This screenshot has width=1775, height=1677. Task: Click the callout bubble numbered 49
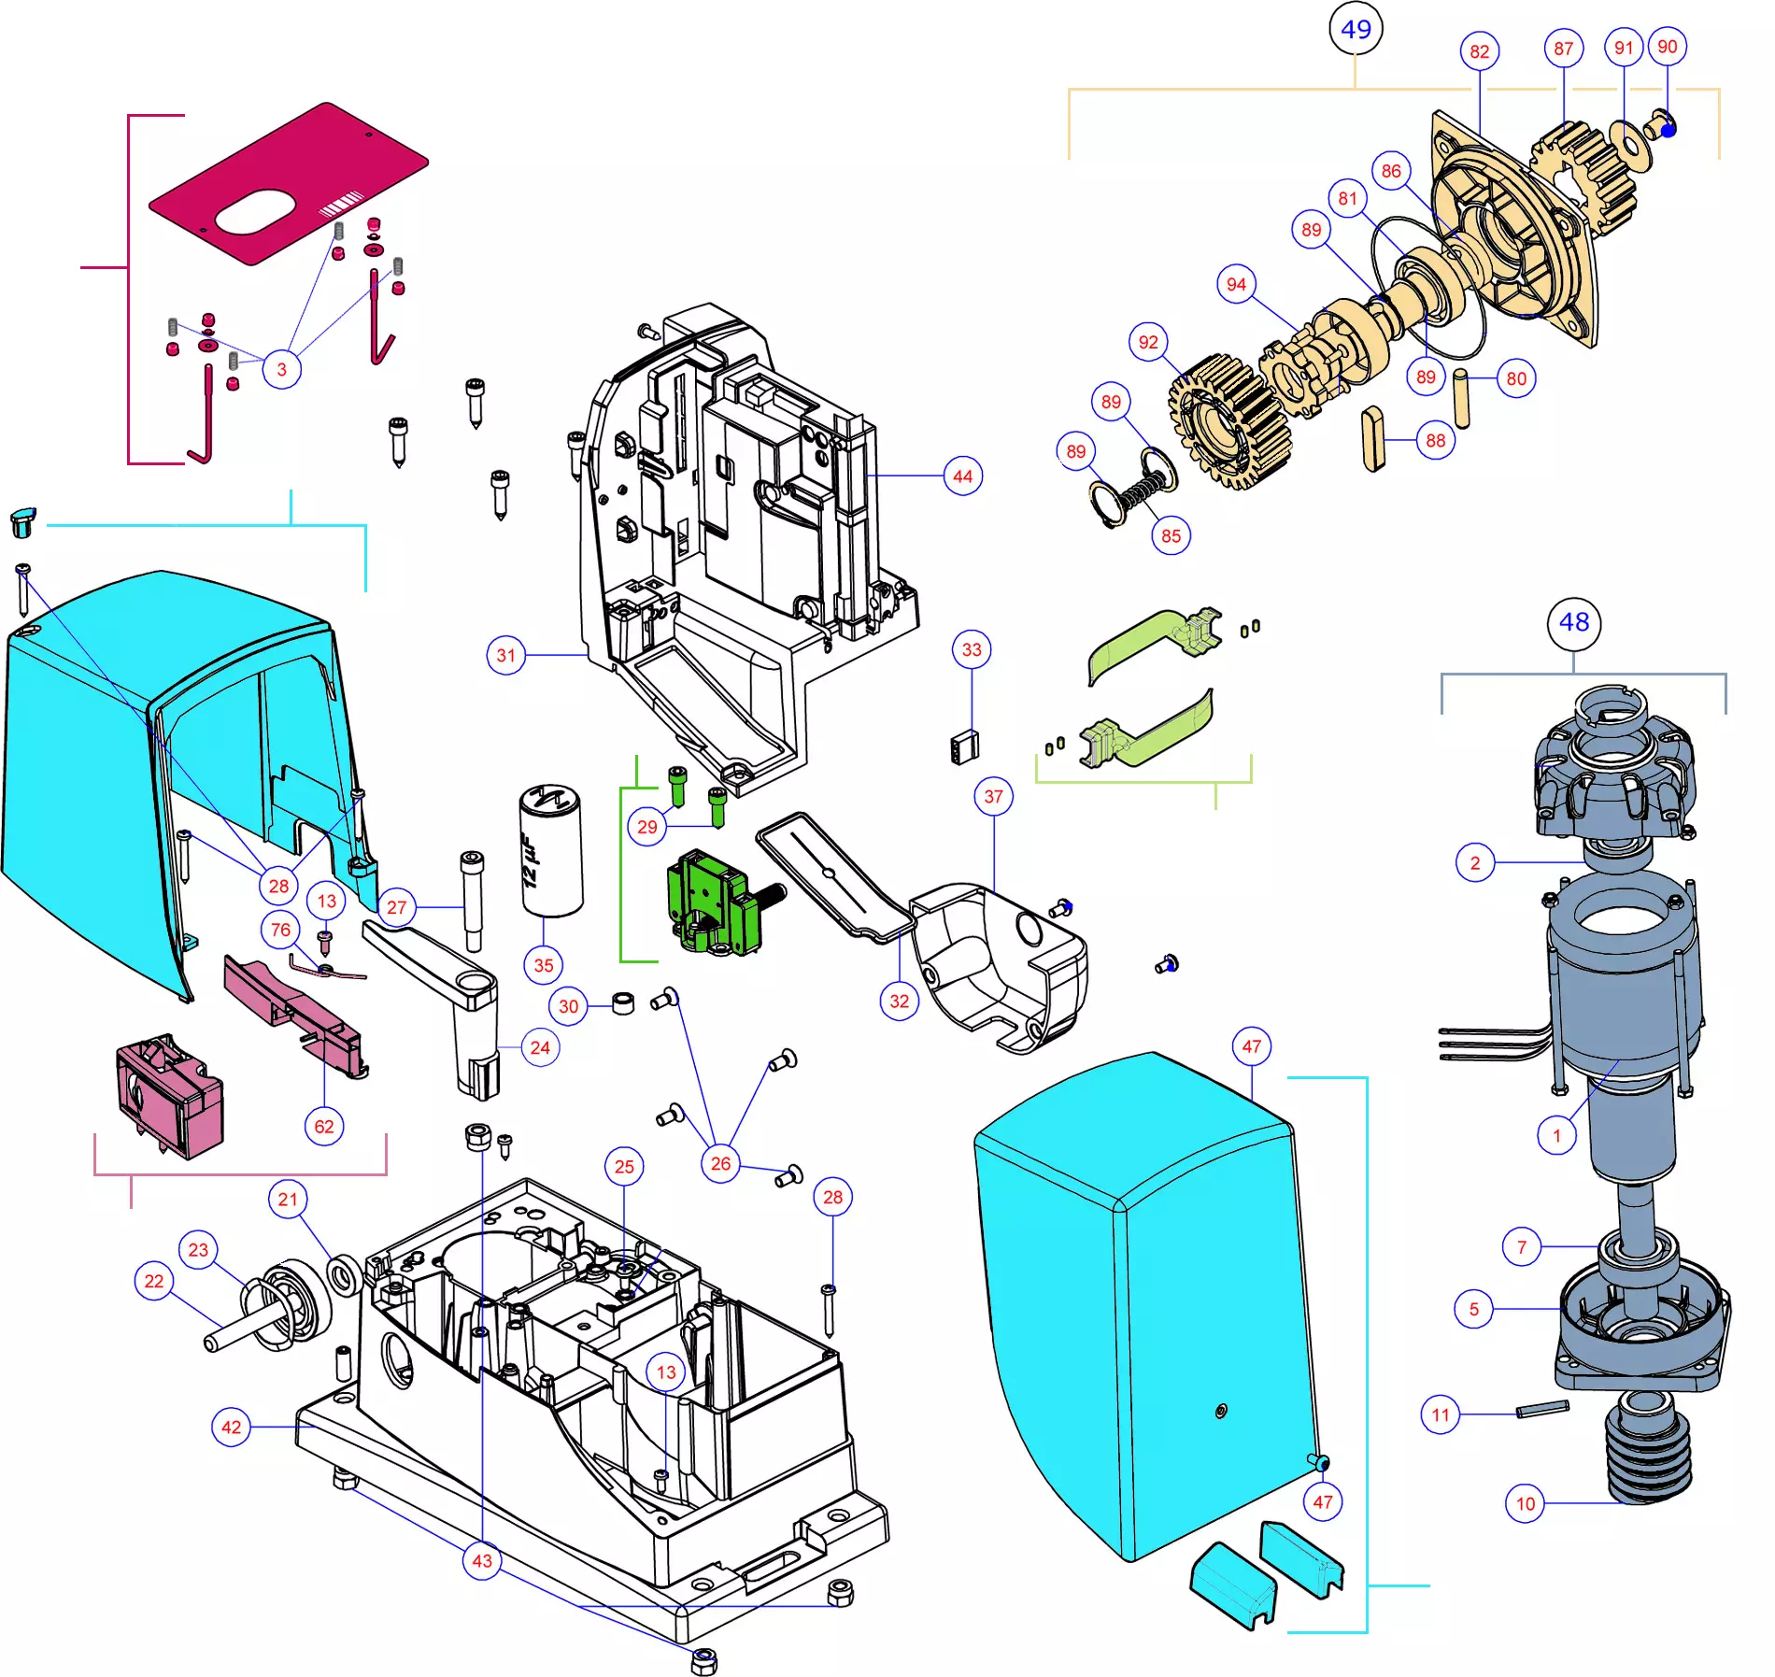pos(1356,29)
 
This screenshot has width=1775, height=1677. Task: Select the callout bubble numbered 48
pos(1574,623)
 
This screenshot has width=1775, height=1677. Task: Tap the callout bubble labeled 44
pos(963,476)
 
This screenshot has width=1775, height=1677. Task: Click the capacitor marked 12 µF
pos(551,850)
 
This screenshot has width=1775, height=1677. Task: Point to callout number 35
pos(544,966)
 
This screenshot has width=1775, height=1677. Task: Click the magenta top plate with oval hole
pos(289,183)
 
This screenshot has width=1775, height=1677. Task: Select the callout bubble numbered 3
pos(282,369)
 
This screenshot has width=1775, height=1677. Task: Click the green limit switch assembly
pos(718,903)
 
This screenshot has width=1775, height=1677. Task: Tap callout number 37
pos(994,797)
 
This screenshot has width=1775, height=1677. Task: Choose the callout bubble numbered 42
pos(231,1428)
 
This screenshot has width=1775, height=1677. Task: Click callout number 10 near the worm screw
pos(1526,1504)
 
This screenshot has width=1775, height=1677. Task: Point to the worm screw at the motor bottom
pos(1649,1447)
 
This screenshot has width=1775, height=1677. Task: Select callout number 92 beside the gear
pos(1149,343)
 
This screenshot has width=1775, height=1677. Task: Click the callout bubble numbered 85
pos(1171,536)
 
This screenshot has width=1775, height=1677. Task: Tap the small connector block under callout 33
pos(964,747)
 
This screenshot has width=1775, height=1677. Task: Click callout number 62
pos(324,1127)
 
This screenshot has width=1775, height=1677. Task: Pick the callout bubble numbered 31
pos(506,656)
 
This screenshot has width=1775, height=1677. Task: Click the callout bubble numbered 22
pos(154,1281)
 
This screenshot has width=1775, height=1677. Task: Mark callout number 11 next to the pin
pos(1441,1415)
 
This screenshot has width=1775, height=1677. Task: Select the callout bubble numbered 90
pos(1668,47)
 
